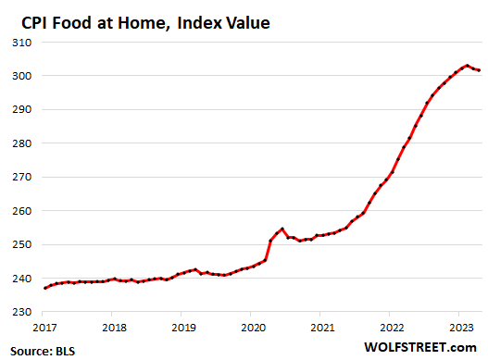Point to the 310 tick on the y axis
point(23,42)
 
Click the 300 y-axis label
point(23,76)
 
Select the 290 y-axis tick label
point(23,109)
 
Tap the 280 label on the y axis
point(23,143)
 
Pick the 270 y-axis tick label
point(23,177)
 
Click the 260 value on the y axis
point(23,211)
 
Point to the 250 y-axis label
point(23,245)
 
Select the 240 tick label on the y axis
point(23,279)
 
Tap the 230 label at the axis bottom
point(23,313)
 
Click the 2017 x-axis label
point(44,327)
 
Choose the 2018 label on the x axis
point(114,327)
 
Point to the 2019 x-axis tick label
point(183,327)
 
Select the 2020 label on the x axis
point(253,327)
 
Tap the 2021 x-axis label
point(322,327)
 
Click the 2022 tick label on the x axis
point(392,327)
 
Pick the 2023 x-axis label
point(461,327)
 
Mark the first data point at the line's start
point(45,288)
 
